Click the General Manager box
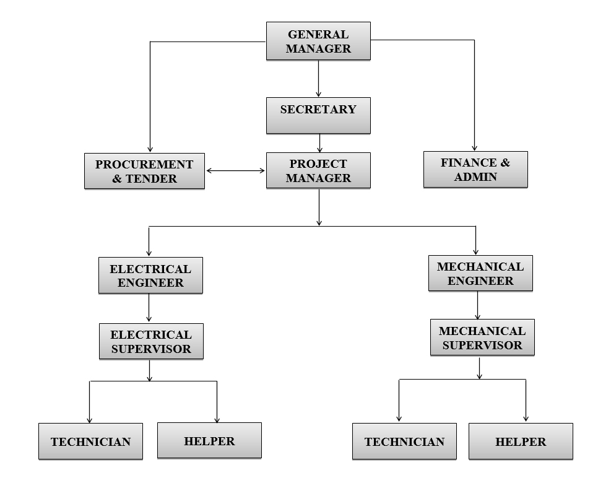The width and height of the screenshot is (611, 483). (318, 41)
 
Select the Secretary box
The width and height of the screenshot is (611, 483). (318, 115)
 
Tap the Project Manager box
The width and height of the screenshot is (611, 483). (318, 171)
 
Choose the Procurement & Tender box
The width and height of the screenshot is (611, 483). (144, 172)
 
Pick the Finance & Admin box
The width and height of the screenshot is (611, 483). (475, 170)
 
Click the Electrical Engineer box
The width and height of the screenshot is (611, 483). (150, 276)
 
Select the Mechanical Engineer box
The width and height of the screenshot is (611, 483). (480, 274)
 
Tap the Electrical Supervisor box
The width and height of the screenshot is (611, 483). (150, 341)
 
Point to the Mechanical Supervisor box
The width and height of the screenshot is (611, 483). (482, 337)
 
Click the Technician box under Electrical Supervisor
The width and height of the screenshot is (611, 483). (90, 442)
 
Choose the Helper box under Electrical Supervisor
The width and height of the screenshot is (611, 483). (209, 441)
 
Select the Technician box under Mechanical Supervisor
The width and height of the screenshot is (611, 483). (404, 442)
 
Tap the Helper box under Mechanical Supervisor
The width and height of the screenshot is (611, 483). (521, 442)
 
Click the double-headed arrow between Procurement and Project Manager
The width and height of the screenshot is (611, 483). (235, 170)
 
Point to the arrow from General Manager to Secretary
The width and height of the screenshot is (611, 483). (318, 79)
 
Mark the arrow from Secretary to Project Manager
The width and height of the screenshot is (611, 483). (319, 143)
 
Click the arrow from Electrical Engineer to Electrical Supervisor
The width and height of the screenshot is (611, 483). (149, 308)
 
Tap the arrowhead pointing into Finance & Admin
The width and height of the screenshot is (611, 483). (475, 146)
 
